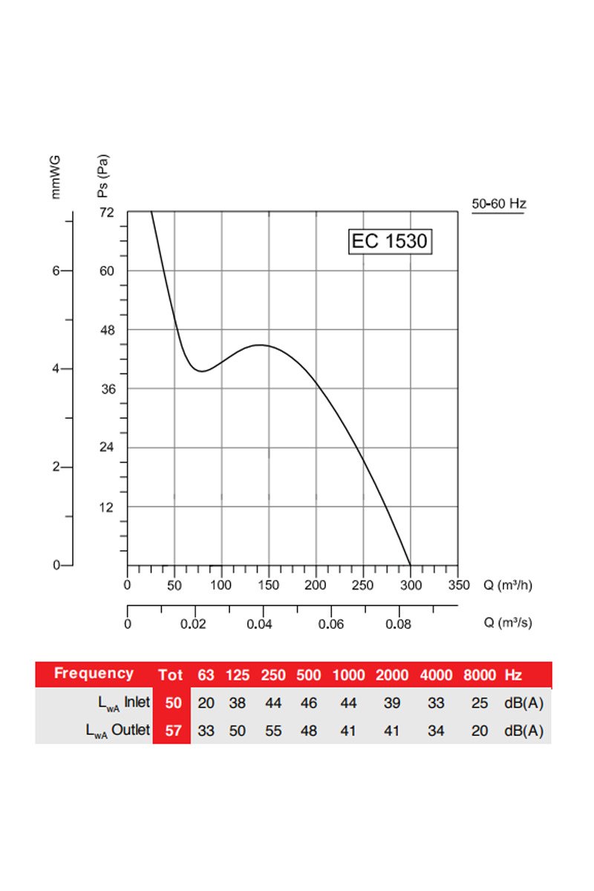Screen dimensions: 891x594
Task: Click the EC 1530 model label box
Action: tap(390, 242)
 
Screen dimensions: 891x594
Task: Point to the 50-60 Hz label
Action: tap(499, 203)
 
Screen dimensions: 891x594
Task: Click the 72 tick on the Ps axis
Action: tap(107, 212)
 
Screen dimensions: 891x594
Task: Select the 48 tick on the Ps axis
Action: tap(107, 330)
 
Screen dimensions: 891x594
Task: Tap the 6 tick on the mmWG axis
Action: tap(56, 271)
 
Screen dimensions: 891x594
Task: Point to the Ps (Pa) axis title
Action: tap(103, 174)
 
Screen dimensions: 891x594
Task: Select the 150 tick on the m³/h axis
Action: tap(269, 585)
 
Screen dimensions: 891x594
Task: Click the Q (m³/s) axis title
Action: tap(508, 623)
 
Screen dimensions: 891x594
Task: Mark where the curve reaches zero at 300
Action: tap(410, 565)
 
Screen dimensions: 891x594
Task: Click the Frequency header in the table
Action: tap(94, 674)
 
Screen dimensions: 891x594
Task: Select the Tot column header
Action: tap(171, 675)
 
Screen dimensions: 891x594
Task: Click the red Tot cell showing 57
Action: tap(173, 731)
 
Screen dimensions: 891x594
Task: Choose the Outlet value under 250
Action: tap(273, 731)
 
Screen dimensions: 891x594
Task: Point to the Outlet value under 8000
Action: tap(480, 731)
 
